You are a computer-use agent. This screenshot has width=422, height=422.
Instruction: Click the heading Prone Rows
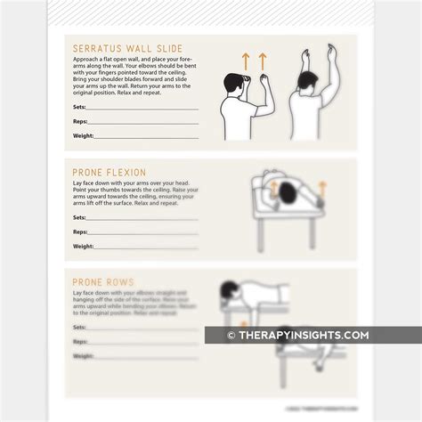99,283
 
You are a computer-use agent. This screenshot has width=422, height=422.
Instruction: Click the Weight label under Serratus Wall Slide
84,137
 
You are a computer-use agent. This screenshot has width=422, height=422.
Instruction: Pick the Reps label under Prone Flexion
81,232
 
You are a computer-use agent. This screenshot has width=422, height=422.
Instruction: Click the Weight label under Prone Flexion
84,247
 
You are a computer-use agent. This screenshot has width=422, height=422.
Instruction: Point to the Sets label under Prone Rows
80,328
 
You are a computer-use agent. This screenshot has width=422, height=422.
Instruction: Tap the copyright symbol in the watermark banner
231,335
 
